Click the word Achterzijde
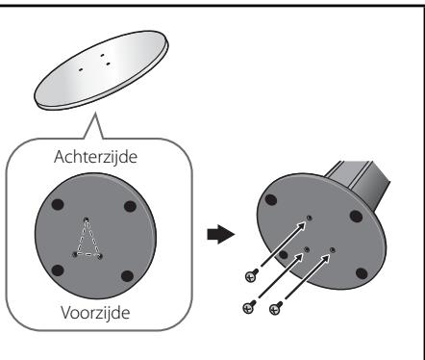(95, 157)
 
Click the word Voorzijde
(95, 312)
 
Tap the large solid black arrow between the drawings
(221, 234)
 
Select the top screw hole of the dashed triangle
(87, 220)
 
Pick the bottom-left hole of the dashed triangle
(75, 254)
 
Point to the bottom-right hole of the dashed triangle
(100, 256)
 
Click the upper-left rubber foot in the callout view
(58, 204)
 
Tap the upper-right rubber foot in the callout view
(130, 206)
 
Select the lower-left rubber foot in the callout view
(58, 270)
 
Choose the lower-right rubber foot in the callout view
(127, 276)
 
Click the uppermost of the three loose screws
(252, 275)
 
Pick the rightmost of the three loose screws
(276, 308)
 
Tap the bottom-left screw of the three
(249, 307)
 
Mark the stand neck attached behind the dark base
(359, 181)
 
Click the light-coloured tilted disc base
(101, 70)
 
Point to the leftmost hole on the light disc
(81, 68)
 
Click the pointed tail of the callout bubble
(95, 113)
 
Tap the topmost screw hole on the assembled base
(310, 218)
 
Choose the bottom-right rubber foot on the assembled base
(362, 273)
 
